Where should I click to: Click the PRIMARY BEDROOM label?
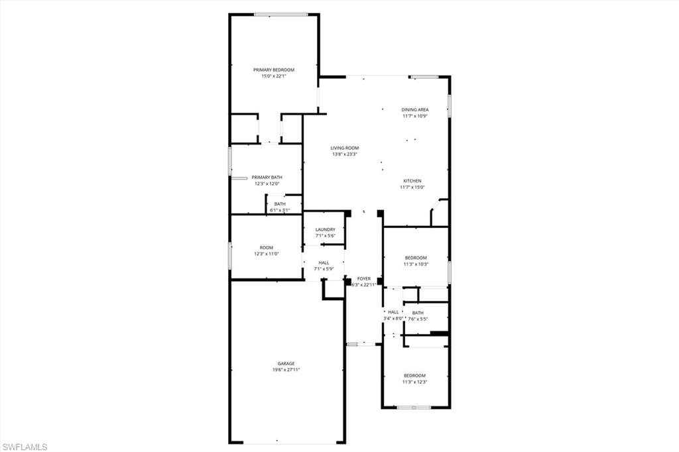[x=273, y=70]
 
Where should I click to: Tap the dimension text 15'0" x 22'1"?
[x=273, y=76]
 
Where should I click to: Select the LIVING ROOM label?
[x=345, y=148]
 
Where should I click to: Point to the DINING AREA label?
[x=415, y=109]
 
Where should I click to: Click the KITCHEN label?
[x=412, y=181]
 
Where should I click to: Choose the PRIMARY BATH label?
[x=267, y=177]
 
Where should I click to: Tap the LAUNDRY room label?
[x=325, y=229]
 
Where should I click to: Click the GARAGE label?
[x=286, y=363]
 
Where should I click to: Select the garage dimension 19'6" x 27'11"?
[x=286, y=370]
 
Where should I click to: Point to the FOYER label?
[x=364, y=278]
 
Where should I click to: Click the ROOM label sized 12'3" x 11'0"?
[x=266, y=247]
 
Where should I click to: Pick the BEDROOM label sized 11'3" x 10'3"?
[x=416, y=257]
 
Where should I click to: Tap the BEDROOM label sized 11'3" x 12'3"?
[x=415, y=375]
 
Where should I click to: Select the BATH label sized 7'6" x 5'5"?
[x=418, y=313]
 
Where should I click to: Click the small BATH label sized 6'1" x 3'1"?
[x=280, y=204]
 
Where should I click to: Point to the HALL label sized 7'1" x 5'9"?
[x=324, y=262]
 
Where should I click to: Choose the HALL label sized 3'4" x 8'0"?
[x=393, y=312]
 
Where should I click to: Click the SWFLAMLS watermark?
[x=25, y=447]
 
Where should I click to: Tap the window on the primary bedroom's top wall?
[x=280, y=15]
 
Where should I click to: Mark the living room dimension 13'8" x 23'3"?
[x=345, y=154]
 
